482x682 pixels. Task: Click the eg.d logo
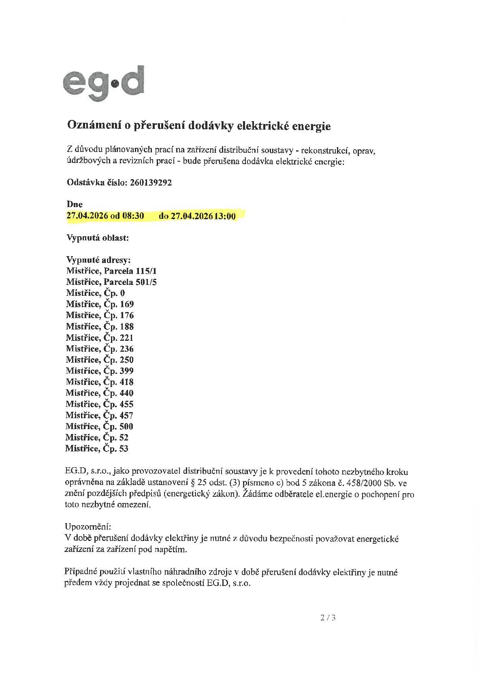(103, 83)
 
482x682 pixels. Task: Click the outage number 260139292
(151, 183)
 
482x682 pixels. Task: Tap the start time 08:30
(133, 216)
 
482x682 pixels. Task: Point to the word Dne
(75, 205)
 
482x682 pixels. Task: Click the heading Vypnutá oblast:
(98, 238)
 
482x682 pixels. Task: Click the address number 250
(126, 360)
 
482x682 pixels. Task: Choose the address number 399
(126, 371)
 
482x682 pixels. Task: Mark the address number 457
(126, 415)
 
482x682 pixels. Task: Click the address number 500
(126, 426)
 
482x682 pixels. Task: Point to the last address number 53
(124, 449)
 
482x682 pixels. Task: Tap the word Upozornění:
(87, 527)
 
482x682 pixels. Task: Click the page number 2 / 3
(328, 618)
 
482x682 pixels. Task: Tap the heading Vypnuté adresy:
(98, 260)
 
